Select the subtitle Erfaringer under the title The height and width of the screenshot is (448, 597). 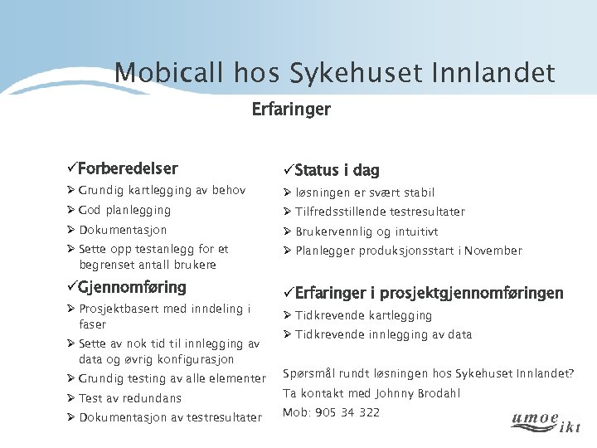291,110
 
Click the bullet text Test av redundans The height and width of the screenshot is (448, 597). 129,398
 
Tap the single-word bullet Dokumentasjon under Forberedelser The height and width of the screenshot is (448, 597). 123,230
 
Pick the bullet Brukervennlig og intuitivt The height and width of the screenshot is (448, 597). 366,231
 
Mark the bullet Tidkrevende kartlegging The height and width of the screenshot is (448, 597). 363,315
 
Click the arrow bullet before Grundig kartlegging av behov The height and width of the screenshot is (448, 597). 72,191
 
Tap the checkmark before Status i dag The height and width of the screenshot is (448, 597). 288,171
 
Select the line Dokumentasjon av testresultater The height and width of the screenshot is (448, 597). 170,417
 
